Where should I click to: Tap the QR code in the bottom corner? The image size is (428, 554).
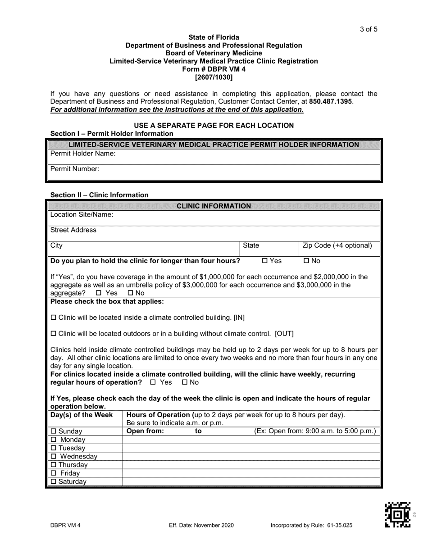pyautogui.click(x=397, y=514)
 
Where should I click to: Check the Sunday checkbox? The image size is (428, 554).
pyautogui.click(x=53, y=431)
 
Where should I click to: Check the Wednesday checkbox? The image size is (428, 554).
pyautogui.click(x=53, y=457)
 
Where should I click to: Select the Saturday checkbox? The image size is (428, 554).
pyautogui.click(x=53, y=482)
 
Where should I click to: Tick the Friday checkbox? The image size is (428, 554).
pyautogui.click(x=53, y=473)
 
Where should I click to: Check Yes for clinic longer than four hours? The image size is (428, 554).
pyautogui.click(x=265, y=261)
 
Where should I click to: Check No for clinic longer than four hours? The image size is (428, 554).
pyautogui.click(x=306, y=261)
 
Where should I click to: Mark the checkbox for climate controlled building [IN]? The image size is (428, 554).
pyautogui.click(x=53, y=318)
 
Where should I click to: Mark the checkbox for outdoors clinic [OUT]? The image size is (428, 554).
pyautogui.click(x=53, y=334)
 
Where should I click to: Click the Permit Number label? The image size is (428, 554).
pyautogui.click(x=75, y=169)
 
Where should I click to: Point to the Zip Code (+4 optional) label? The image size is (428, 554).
pyautogui.click(x=337, y=245)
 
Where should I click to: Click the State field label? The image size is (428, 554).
pyautogui.click(x=251, y=245)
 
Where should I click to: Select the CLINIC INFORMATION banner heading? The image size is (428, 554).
pyautogui.click(x=214, y=206)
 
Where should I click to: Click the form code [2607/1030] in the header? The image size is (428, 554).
pyautogui.click(x=214, y=77)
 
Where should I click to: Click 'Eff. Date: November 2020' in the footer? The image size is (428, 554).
pyautogui.click(x=201, y=525)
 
